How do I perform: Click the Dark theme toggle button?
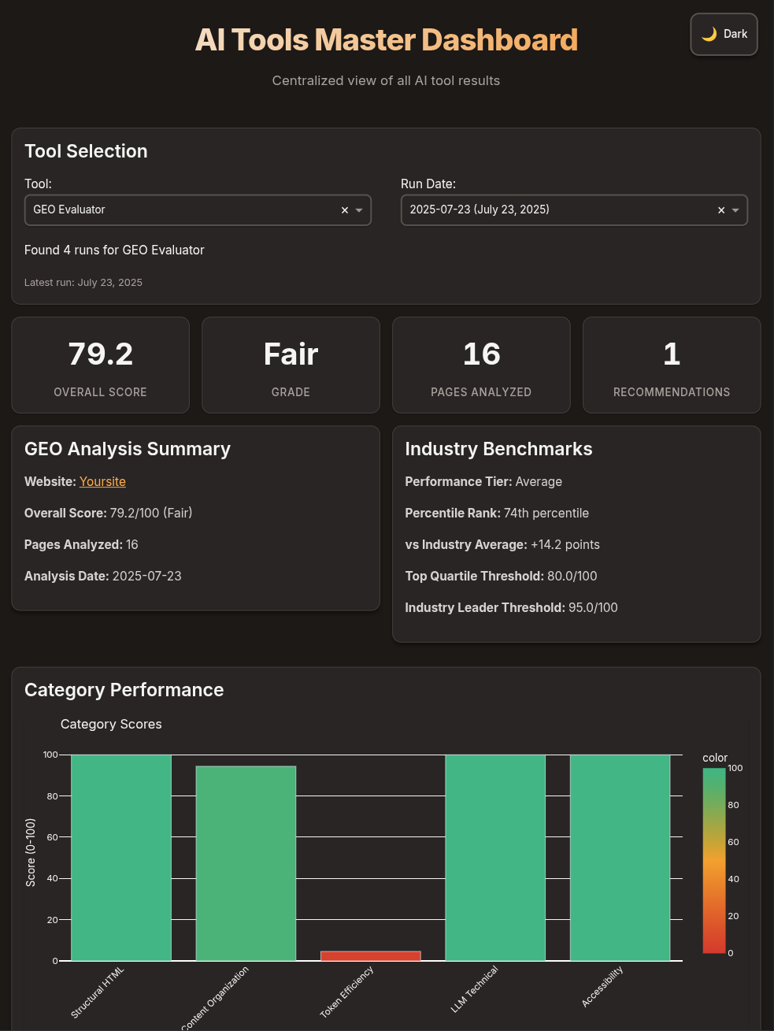724,35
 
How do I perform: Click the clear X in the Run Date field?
721,210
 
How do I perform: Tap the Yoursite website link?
102,482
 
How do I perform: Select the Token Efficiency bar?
370,955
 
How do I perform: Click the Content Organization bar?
246,862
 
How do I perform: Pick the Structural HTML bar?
121,857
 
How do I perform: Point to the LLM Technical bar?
495,857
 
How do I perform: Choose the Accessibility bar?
620,857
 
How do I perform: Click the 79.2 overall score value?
101,354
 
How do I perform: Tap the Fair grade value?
291,354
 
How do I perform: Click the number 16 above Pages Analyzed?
481,354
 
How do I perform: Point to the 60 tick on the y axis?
52,837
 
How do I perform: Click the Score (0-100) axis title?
31,852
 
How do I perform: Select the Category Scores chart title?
111,725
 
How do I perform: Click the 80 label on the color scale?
733,805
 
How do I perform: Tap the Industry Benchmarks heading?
498,449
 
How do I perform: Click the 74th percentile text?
546,514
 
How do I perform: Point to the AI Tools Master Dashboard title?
386,40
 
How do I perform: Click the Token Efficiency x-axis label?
347,991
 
